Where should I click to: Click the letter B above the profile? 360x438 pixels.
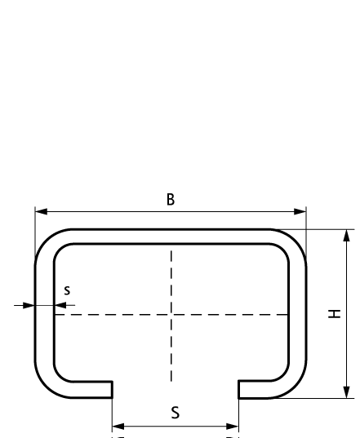(171, 200)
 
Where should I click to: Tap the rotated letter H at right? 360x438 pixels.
(335, 314)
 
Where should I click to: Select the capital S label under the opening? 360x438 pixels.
(176, 413)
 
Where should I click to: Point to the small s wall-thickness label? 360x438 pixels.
(67, 290)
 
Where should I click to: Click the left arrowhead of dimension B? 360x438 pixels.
(41, 212)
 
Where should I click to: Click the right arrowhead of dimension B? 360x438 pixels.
(300, 212)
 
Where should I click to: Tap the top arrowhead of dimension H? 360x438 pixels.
(347, 235)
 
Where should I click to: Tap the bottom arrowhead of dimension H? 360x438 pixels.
(347, 392)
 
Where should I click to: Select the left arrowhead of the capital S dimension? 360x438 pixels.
(118, 427)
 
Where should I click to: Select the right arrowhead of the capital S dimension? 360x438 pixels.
(233, 427)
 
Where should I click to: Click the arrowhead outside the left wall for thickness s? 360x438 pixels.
(29, 305)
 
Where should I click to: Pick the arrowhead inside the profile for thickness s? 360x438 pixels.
(60, 305)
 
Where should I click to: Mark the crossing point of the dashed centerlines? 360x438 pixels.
(171, 315)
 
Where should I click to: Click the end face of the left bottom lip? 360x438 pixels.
(112, 389)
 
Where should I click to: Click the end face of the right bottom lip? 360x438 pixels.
(238, 389)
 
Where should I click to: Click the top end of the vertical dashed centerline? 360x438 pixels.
(171, 251)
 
